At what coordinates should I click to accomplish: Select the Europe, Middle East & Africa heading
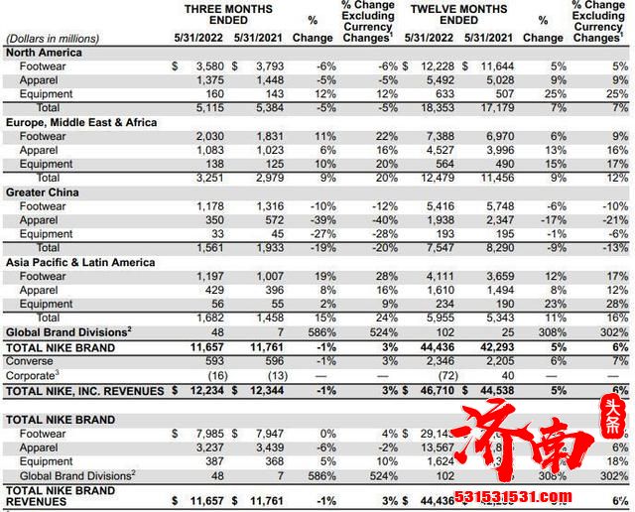click(84, 122)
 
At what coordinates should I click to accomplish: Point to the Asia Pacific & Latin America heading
click(80, 262)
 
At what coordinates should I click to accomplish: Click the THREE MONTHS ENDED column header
click(228, 15)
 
